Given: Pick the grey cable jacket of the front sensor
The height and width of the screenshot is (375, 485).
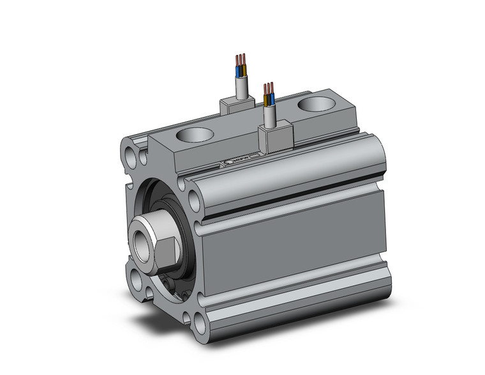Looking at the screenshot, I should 270,116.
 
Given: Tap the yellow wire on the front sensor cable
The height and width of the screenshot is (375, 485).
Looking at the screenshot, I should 266,99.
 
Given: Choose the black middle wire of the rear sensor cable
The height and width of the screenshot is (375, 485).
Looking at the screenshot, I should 240,66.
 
